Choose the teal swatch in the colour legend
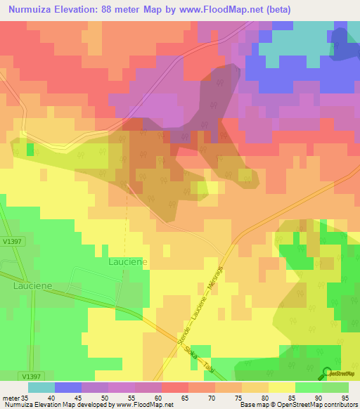pyautogui.click(x=41, y=387)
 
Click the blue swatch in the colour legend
pyautogui.click(x=68, y=387)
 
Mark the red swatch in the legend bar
pyautogui.click(x=175, y=387)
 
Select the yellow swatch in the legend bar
pyautogui.click(x=282, y=387)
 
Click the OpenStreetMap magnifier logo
pyautogui.click(x=327, y=373)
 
